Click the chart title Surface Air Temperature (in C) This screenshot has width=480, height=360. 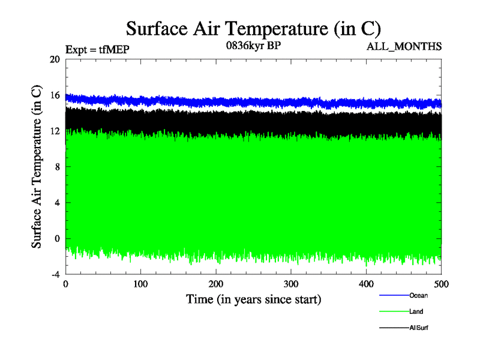pyautogui.click(x=253, y=28)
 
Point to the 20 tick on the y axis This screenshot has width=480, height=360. pyautogui.click(x=55, y=59)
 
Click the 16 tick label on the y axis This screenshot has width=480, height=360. pyautogui.click(x=55, y=95)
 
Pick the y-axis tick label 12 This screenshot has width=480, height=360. pyautogui.click(x=55, y=131)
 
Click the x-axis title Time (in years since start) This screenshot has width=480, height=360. pyautogui.click(x=253, y=299)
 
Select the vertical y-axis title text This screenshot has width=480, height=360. pyautogui.click(x=37, y=167)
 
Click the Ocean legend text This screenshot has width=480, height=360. pyautogui.click(x=418, y=295)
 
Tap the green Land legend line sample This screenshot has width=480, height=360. pyautogui.click(x=394, y=312)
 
